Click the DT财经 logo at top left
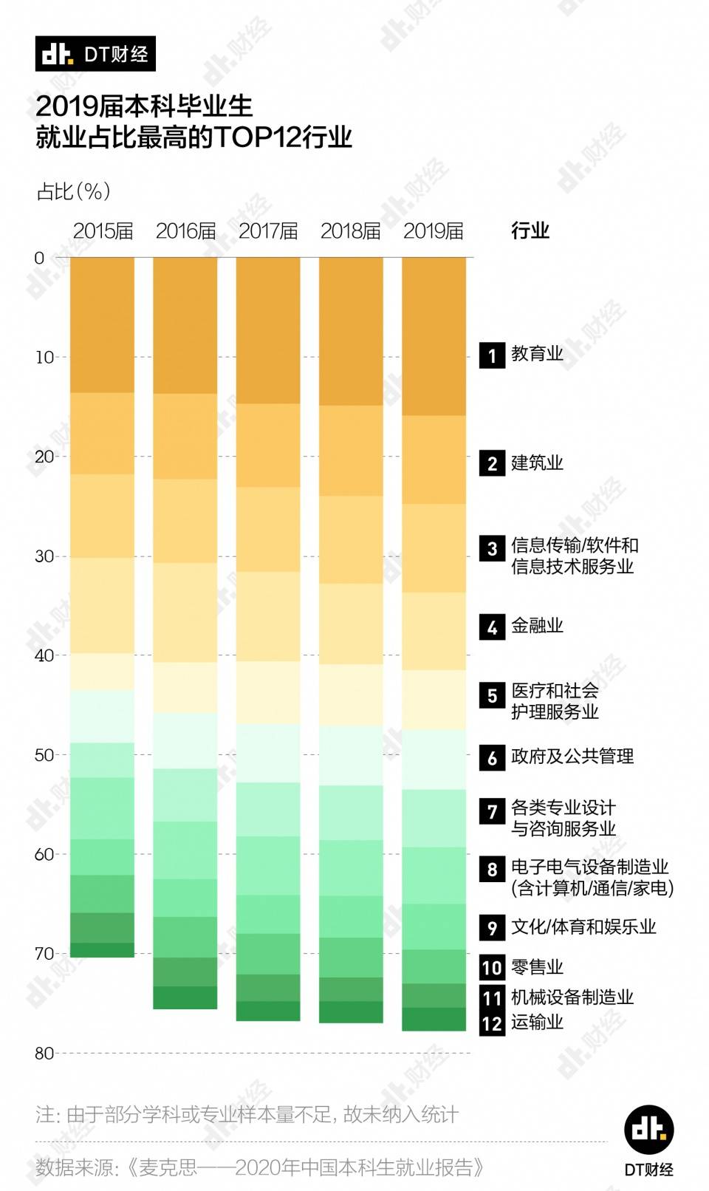(x=95, y=54)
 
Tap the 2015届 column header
(x=103, y=231)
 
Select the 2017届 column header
(x=268, y=231)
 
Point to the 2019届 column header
(x=434, y=231)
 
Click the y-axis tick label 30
(x=44, y=556)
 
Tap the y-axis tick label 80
(x=44, y=1053)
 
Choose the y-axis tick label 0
(x=39, y=258)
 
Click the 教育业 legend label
(x=537, y=354)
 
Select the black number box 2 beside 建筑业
(x=492, y=463)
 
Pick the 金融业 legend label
(x=537, y=626)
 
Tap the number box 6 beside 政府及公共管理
(x=492, y=757)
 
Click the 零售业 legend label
(x=537, y=967)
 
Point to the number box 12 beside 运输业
(x=492, y=1023)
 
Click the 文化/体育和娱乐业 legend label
(x=583, y=926)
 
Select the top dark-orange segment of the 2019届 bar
(x=434, y=336)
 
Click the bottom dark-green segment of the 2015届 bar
(x=103, y=950)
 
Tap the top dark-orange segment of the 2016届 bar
(x=185, y=325)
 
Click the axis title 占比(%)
(x=73, y=191)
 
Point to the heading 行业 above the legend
(x=530, y=231)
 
